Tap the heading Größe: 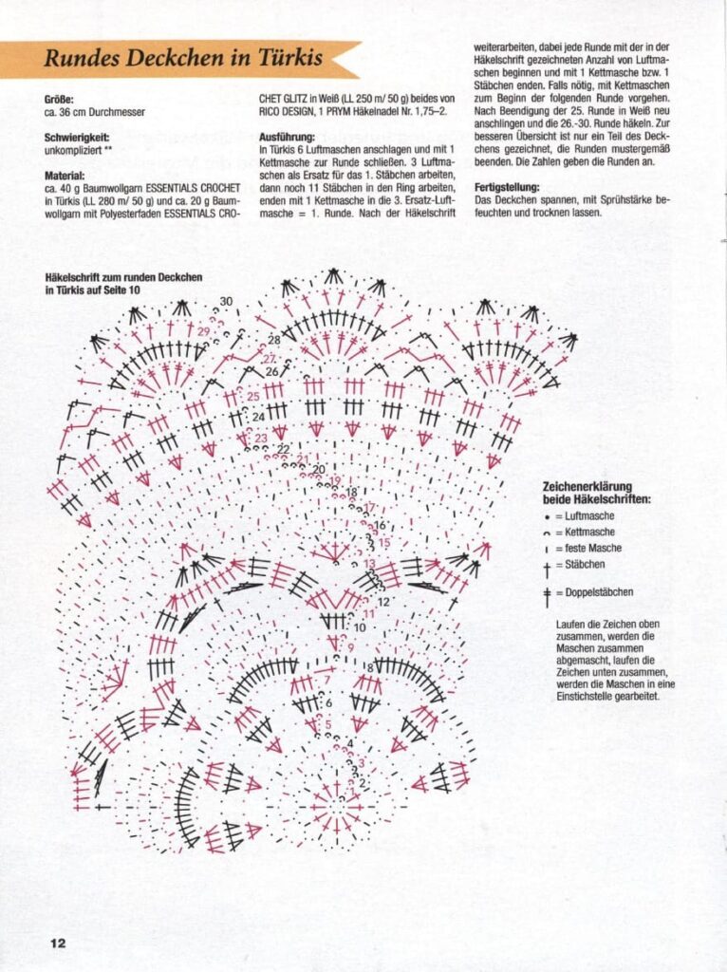pos(59,99)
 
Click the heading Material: pos(65,176)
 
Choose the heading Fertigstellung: pos(507,187)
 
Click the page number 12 pos(57,944)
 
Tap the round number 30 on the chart pos(226,302)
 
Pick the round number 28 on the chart pos(273,339)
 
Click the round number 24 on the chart pos(258,417)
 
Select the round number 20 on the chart pos(319,469)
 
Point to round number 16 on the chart pos(379,525)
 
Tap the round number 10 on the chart pos(360,627)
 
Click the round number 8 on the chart pos(370,668)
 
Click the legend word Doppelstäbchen pos(601,592)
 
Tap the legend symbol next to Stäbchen pos(547,566)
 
